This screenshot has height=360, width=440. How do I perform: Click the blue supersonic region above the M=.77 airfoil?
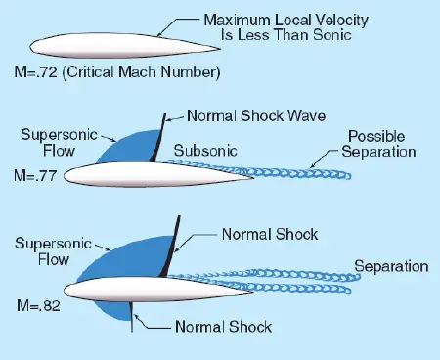(132, 147)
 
